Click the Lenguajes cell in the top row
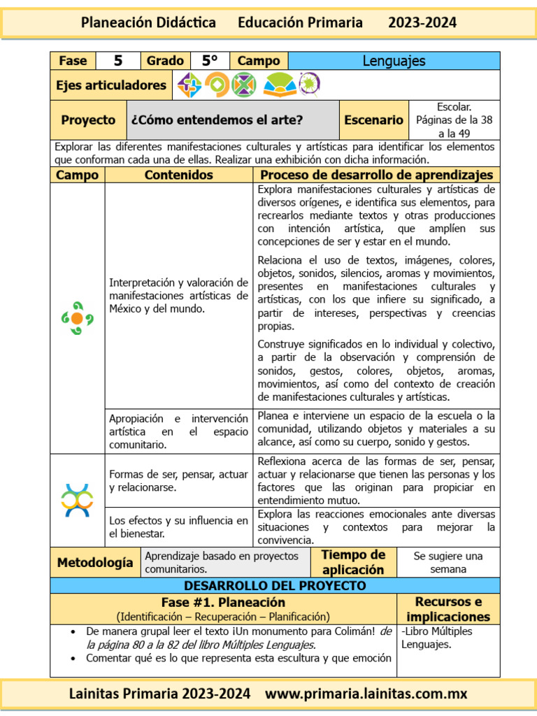pos(394,61)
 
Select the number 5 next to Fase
pos(117,61)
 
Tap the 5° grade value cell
pos(209,61)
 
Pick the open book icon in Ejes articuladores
pos(278,85)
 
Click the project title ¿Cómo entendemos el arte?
pos(217,120)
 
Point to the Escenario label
pos(373,120)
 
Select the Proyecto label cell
pos(88,120)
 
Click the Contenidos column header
pos(178,175)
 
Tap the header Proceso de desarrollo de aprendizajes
pos(376,175)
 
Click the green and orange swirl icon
pos(77,318)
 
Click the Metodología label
pos(95,562)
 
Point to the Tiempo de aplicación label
pos(353,562)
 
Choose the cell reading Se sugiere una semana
pos(447,562)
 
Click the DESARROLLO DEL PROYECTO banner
pos(275,585)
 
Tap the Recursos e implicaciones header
pos(447,609)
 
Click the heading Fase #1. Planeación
pos(223,602)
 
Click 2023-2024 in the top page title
pos(422,22)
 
